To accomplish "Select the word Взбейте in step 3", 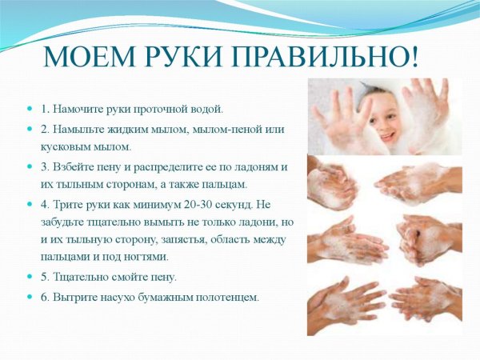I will coord(76,166).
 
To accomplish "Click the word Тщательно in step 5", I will coord(82,277).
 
